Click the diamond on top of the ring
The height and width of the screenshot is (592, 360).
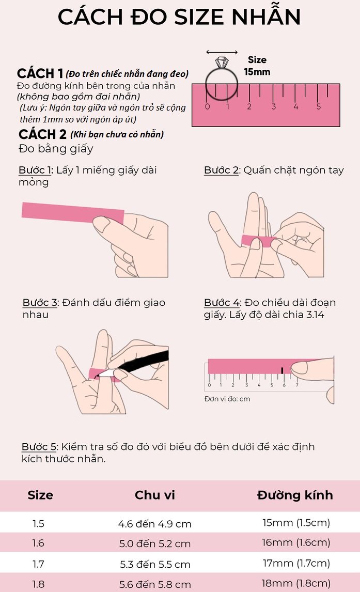point(222,63)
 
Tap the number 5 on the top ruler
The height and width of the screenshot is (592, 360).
point(319,107)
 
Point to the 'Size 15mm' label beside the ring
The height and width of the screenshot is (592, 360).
point(257,66)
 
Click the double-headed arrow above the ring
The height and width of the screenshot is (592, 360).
point(222,52)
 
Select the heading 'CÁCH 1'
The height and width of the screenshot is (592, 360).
point(40,73)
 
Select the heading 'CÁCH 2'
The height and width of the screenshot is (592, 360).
point(42,134)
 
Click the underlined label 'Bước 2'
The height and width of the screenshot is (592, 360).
point(222,170)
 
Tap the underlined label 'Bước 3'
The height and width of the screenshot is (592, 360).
point(40,302)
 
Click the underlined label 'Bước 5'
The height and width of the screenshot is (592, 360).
point(39,447)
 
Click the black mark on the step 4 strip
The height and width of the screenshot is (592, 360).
point(282,370)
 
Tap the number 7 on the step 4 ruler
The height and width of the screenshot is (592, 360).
point(297,385)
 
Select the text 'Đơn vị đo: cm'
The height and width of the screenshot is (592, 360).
point(227,399)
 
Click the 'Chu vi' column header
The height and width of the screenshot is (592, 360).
point(155,495)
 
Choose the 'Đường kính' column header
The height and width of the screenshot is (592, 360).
point(295,495)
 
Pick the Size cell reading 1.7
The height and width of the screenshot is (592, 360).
point(38,564)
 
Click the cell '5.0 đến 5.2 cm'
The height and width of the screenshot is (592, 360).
point(155,543)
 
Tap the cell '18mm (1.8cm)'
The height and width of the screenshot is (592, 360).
point(296,583)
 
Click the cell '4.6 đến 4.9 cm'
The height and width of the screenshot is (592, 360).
point(155,524)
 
